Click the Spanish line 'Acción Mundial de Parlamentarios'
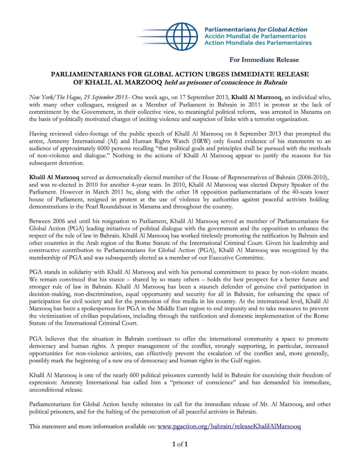coord(255,36)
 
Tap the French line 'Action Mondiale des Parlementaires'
coord(258,43)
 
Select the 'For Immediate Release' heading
coord(264,60)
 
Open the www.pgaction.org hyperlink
coord(229,426)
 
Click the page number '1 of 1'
coord(180,444)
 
